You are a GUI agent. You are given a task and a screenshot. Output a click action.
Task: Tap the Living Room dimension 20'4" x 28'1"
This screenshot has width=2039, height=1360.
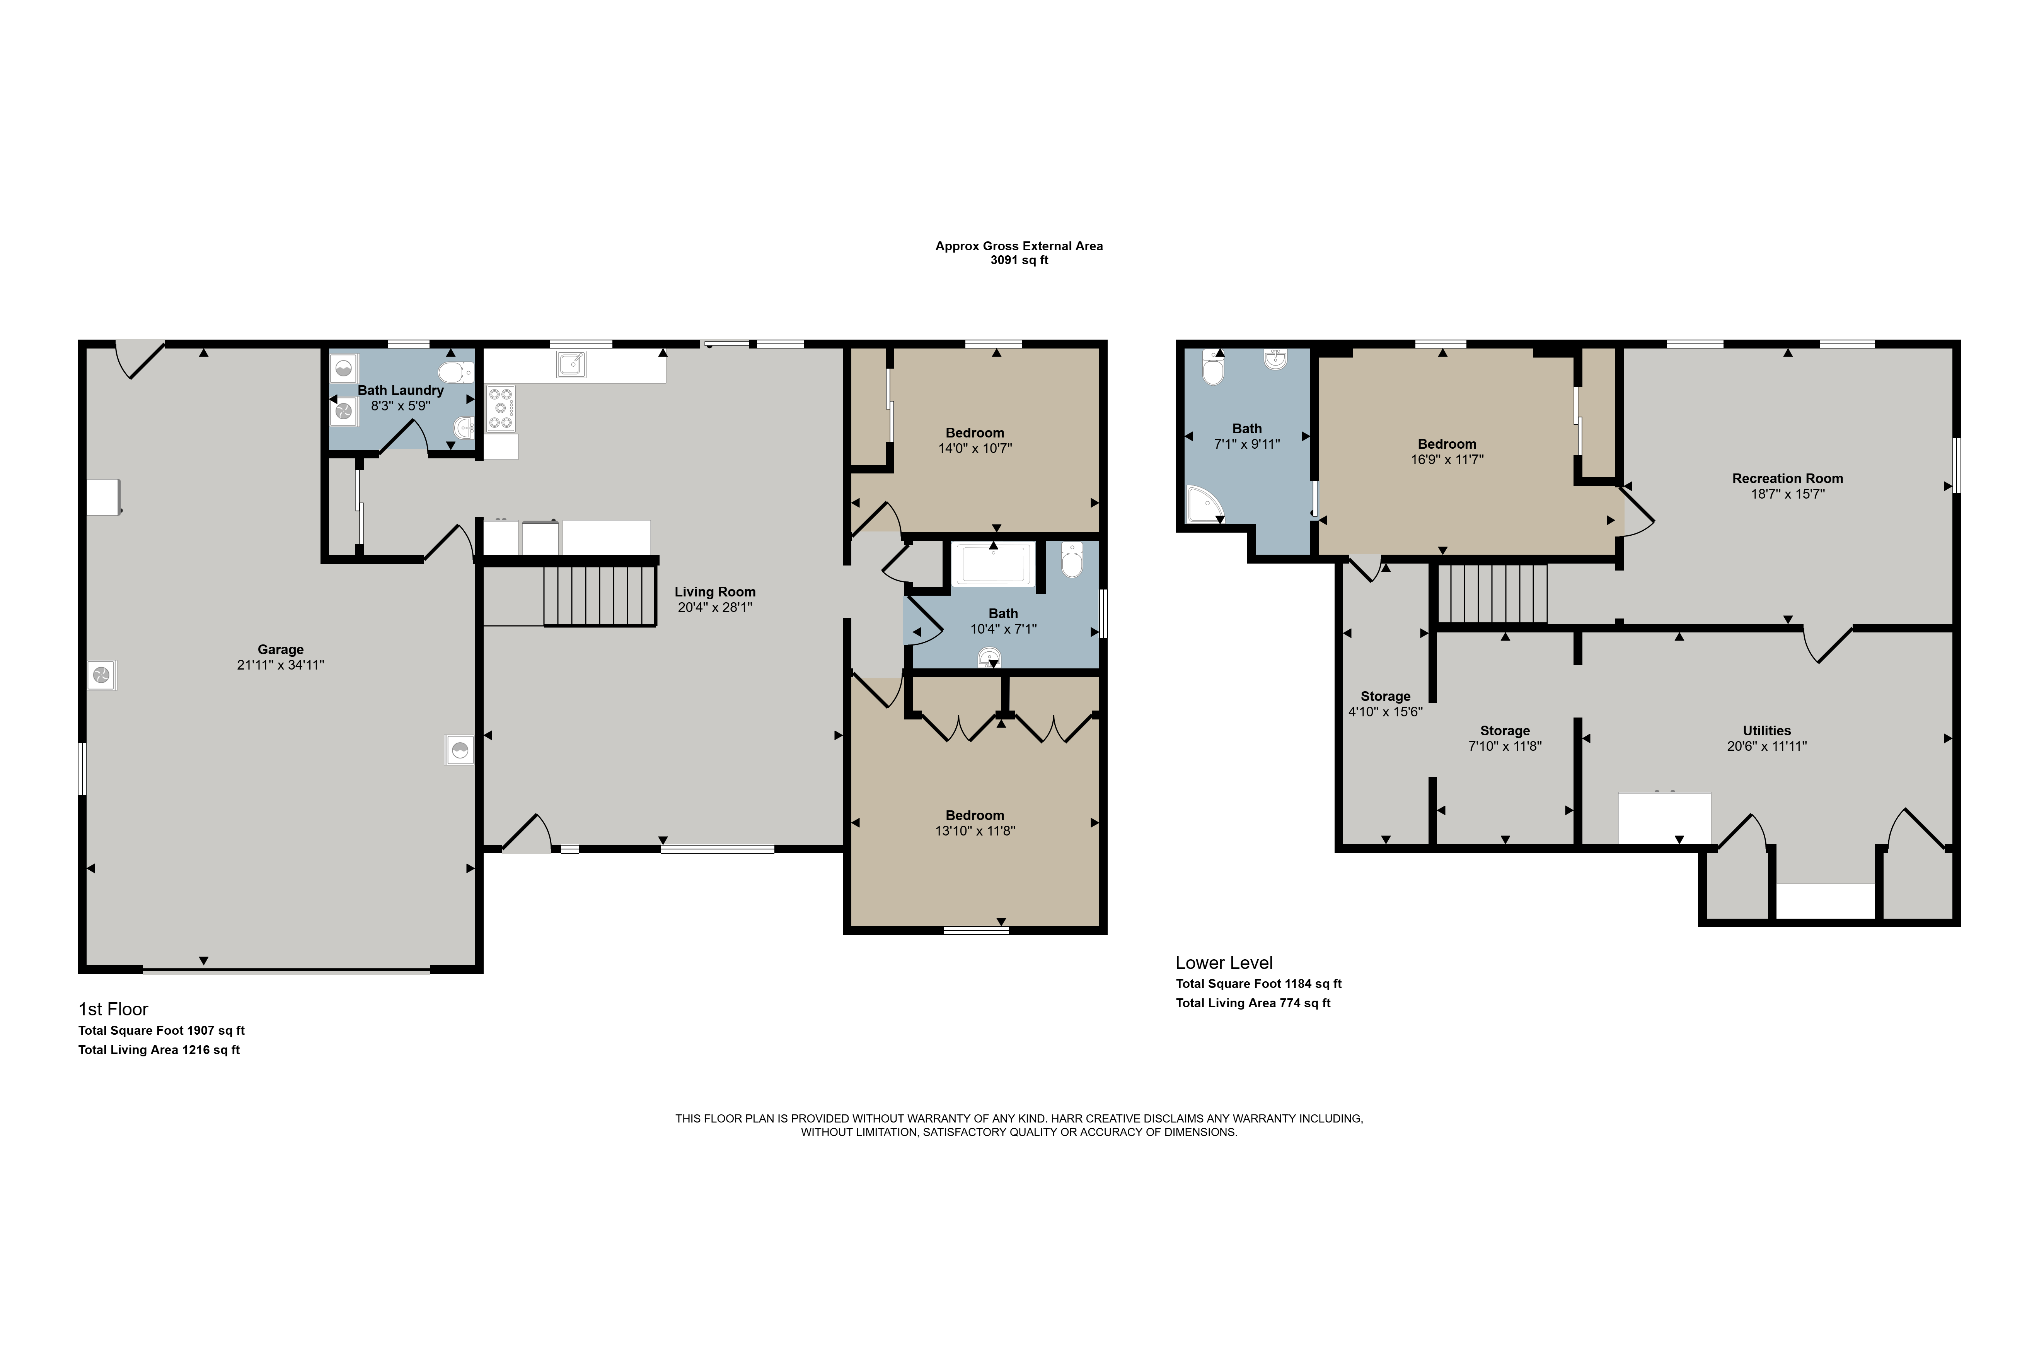715,607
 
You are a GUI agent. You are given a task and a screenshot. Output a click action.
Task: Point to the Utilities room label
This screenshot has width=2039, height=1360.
1767,730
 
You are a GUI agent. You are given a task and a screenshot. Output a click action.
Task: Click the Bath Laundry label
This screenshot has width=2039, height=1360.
401,390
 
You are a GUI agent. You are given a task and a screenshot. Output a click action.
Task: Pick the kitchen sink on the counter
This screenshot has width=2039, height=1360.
570,365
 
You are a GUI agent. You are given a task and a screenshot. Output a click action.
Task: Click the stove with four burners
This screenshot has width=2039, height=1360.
500,408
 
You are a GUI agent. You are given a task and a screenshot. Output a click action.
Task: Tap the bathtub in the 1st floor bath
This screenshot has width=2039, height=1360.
994,565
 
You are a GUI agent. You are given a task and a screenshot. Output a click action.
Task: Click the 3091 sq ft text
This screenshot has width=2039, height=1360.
1019,260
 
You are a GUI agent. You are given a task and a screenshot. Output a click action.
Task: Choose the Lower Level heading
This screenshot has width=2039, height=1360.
1224,963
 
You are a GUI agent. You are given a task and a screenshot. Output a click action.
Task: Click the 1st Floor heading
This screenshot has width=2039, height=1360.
114,1009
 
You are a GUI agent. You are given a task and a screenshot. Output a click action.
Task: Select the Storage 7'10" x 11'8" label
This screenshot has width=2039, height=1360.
1505,738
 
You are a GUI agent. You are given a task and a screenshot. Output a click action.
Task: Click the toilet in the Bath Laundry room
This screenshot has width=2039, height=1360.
455,373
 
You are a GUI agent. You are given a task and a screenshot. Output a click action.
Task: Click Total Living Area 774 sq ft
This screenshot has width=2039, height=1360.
1253,1003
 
